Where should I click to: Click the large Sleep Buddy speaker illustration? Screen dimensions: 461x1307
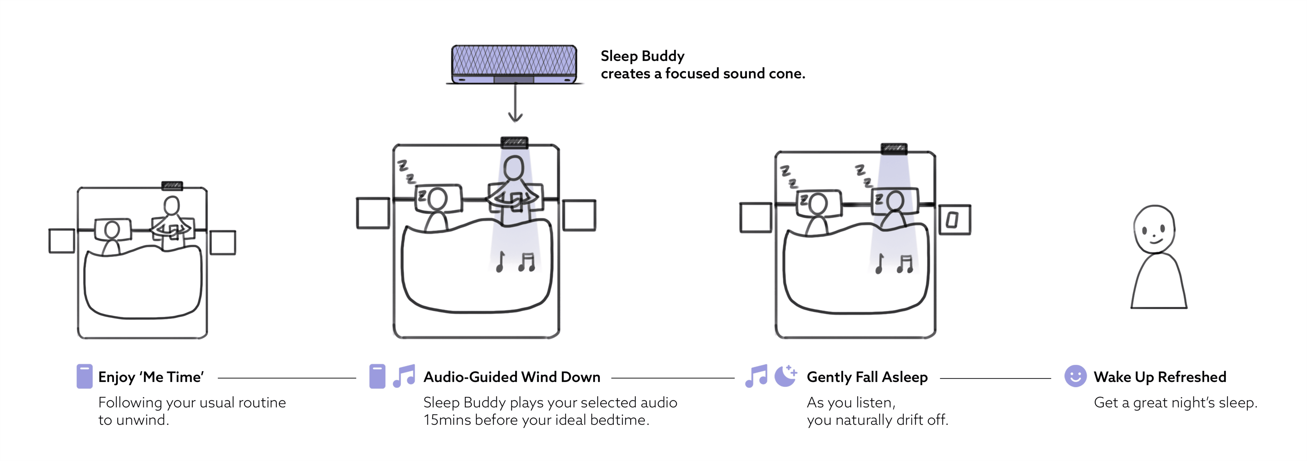coord(514,64)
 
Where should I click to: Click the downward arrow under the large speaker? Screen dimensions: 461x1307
coord(515,104)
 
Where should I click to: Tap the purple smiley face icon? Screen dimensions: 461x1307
coord(1075,376)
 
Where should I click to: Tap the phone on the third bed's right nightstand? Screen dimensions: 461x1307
coord(952,220)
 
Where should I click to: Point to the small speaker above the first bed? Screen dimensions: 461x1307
coord(172,186)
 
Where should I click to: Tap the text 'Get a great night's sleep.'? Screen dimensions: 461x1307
coord(1175,403)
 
